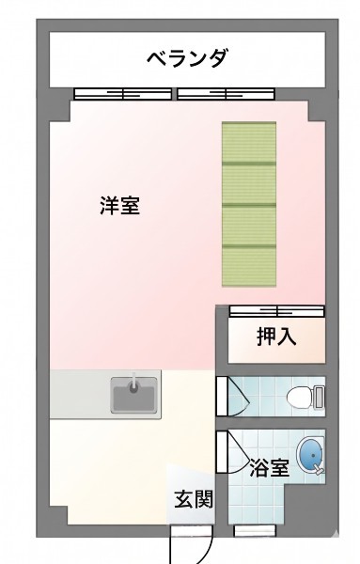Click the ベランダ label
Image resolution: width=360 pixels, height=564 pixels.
click(x=188, y=58)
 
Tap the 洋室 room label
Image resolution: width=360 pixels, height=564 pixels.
click(x=119, y=205)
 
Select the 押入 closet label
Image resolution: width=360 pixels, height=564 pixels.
click(x=276, y=337)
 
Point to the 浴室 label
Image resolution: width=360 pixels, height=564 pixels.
click(x=270, y=467)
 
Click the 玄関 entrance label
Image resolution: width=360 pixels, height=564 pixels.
click(x=194, y=499)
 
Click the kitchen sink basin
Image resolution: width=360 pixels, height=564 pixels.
click(x=133, y=395)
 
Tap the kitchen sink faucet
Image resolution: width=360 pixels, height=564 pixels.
click(x=133, y=383)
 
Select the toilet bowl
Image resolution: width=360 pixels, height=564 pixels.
click(x=300, y=397)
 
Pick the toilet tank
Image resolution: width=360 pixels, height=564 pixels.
click(x=319, y=397)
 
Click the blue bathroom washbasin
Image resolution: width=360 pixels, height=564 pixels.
click(x=310, y=454)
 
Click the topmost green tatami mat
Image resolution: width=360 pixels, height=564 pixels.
click(x=249, y=143)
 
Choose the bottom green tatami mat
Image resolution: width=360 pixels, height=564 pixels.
click(x=249, y=267)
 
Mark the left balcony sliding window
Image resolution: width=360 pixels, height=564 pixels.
click(x=122, y=94)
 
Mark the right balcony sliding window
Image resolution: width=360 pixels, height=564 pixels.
click(x=227, y=94)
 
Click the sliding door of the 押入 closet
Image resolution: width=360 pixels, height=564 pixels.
click(x=277, y=311)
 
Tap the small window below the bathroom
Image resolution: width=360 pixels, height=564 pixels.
click(x=255, y=530)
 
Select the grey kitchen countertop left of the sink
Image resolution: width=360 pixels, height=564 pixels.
click(x=80, y=395)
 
